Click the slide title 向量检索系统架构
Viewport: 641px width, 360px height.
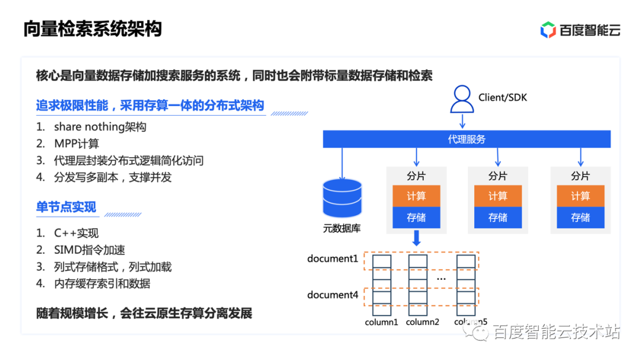click(x=93, y=29)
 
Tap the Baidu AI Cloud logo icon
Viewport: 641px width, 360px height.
click(x=548, y=30)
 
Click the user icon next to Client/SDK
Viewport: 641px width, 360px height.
click(x=462, y=99)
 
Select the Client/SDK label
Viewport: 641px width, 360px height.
click(x=503, y=98)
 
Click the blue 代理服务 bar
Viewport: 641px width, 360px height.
click(x=467, y=139)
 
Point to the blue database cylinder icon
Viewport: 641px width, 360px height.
click(x=342, y=198)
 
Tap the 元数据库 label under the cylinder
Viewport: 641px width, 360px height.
click(x=342, y=228)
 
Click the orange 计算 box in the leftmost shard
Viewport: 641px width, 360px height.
click(x=416, y=196)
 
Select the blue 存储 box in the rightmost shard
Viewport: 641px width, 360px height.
click(x=580, y=218)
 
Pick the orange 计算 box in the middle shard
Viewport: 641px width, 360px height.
click(x=497, y=196)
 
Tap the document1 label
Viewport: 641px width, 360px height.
click(x=332, y=259)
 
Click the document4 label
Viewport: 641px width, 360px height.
click(x=332, y=295)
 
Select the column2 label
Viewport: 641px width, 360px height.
click(x=423, y=322)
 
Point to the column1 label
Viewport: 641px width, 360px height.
click(x=382, y=322)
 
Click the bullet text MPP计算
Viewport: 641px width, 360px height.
click(x=77, y=144)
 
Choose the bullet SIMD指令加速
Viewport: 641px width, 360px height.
click(x=90, y=250)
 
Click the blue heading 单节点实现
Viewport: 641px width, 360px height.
click(x=66, y=207)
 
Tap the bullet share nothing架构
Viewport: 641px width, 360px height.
click(x=100, y=127)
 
